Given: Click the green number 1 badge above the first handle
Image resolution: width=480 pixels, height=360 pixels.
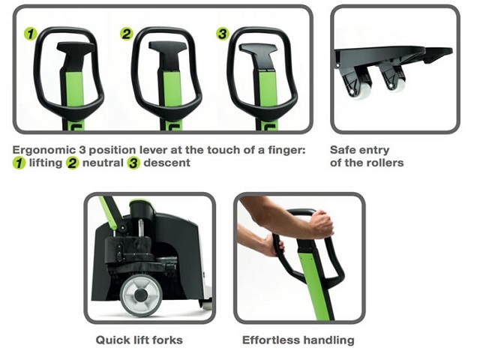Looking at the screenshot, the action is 30,34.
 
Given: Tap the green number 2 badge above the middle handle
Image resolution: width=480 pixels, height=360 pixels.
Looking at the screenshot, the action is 127,34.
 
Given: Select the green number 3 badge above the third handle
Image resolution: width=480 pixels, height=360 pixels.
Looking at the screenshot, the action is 223,34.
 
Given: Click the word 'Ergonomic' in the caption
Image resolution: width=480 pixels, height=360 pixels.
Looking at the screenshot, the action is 43,151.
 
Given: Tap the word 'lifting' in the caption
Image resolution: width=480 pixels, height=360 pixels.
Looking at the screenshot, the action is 45,163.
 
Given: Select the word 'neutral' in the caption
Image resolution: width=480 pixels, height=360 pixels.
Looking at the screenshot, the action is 103,163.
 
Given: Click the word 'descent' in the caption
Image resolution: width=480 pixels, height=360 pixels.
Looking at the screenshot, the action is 166,163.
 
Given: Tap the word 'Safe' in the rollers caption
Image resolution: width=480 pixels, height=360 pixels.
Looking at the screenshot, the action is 343,150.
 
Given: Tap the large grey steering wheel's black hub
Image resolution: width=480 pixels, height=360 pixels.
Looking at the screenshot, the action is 141,295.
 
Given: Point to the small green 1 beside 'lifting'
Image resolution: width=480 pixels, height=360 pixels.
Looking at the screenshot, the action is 19,163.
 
